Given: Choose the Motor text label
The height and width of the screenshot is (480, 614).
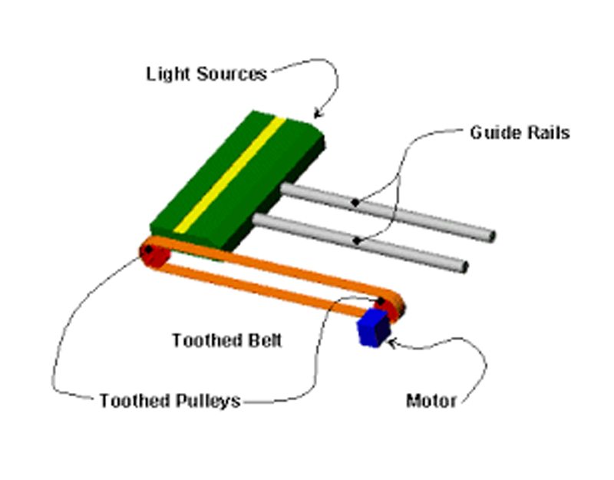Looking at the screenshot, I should [431, 401].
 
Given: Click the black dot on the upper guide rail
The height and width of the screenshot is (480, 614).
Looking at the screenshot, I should [355, 203].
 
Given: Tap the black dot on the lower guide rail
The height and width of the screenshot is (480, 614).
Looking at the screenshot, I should [358, 241].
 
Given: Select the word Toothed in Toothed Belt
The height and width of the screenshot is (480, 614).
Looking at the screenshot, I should [202, 340].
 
